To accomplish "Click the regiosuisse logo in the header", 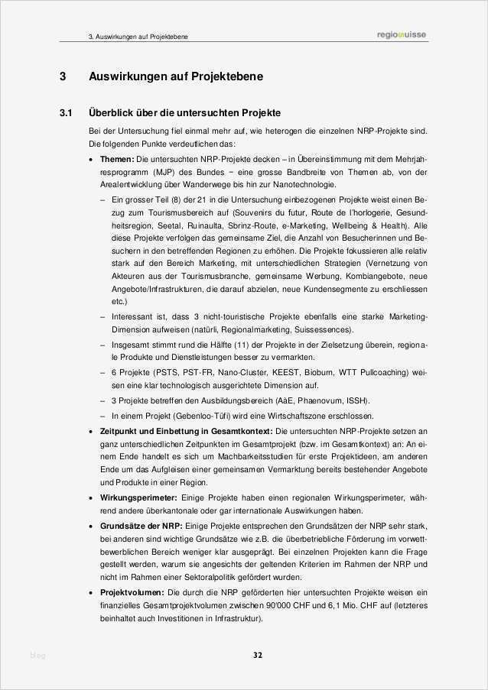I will (x=402, y=34).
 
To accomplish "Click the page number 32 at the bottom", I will (x=258, y=655).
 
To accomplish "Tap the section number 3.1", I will (x=66, y=113).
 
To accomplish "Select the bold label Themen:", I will (x=116, y=158).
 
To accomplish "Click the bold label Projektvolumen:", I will (x=132, y=593).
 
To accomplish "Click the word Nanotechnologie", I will (x=294, y=185).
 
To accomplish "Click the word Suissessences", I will (x=326, y=330).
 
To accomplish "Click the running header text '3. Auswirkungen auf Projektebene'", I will (x=138, y=36).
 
